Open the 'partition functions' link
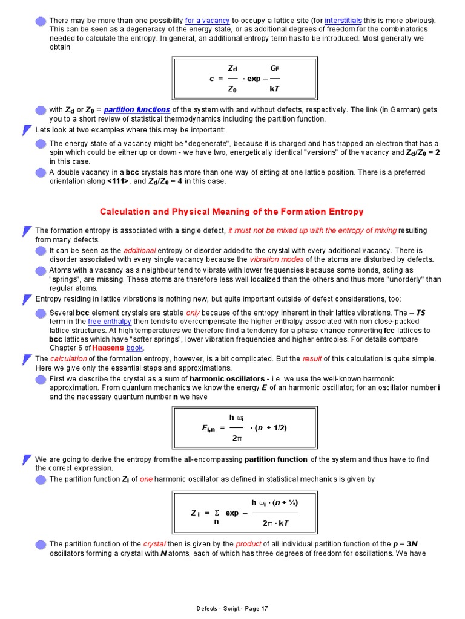136,110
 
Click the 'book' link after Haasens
134,349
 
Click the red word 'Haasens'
108,349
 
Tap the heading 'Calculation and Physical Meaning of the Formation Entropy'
231,212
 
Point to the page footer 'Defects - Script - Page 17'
232,609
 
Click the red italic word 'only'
193,313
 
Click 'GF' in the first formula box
274,68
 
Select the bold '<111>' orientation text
119,181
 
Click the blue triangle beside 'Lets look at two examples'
26,130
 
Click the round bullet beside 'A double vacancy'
41,173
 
